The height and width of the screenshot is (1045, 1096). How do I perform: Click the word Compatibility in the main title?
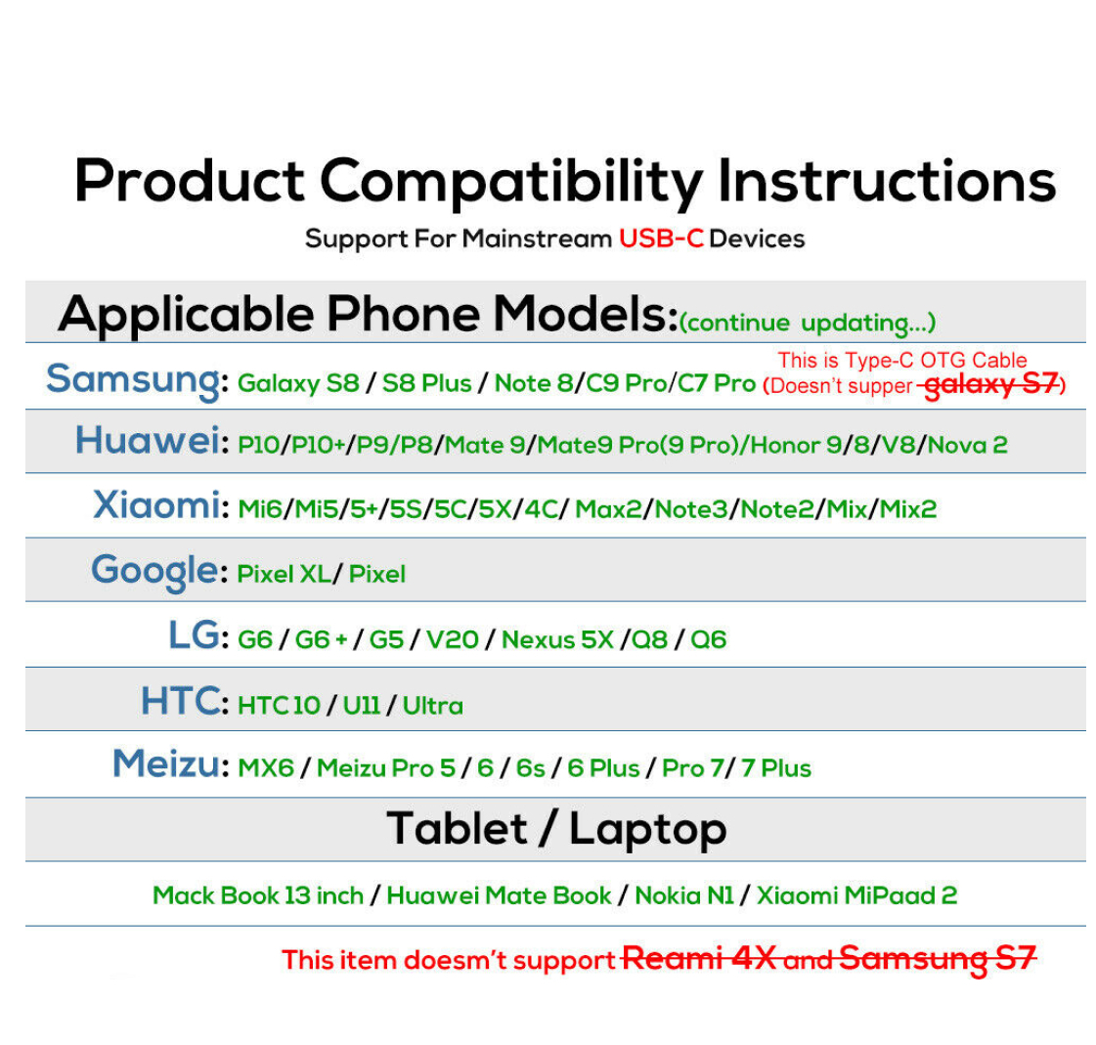(511, 181)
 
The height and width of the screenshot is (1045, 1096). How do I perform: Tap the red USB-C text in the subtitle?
(661, 239)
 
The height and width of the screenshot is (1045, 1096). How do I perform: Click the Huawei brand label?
(148, 440)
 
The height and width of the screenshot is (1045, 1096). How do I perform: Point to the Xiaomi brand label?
(156, 504)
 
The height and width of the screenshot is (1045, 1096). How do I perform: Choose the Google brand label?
(154, 571)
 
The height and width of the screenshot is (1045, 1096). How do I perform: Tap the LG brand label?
(194, 635)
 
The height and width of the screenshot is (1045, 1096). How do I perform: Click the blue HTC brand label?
(180, 700)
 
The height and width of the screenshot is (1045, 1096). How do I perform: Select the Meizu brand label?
(166, 763)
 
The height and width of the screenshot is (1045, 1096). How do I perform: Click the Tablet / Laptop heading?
(556, 830)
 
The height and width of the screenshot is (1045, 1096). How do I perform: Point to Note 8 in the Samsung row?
(533, 383)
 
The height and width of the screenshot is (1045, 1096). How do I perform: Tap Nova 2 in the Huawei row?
(967, 445)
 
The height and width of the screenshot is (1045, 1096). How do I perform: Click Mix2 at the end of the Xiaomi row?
(907, 509)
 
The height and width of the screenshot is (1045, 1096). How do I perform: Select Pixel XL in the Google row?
(284, 574)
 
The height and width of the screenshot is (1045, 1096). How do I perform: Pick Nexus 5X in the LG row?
(557, 639)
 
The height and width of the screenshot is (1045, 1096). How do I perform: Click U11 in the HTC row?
(362, 705)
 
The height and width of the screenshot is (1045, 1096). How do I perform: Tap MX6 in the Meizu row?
(266, 768)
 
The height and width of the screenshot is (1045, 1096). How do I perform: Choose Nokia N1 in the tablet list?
(684, 895)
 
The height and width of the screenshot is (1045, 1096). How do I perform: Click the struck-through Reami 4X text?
(699, 958)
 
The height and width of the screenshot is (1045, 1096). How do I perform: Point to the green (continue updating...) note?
(808, 323)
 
